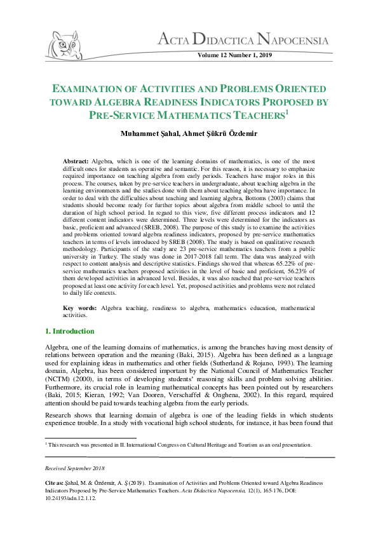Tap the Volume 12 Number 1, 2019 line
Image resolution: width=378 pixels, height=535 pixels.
(235, 56)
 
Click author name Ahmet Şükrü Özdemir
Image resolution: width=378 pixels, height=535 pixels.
(215, 133)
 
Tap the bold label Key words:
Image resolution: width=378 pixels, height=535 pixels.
(81, 308)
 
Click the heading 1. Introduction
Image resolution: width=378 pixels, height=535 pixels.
(70, 331)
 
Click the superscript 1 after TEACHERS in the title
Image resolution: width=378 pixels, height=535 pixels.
(287, 111)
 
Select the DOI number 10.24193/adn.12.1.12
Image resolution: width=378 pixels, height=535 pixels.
(71, 499)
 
